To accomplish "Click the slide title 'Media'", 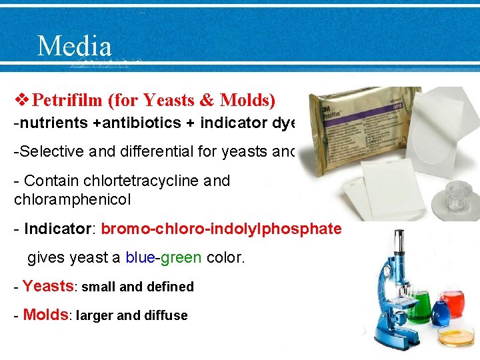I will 74,46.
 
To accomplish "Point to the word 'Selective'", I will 47,151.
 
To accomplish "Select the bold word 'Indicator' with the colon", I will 61,229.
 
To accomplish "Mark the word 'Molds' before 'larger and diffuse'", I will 46,315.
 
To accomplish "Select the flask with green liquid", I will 418,310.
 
